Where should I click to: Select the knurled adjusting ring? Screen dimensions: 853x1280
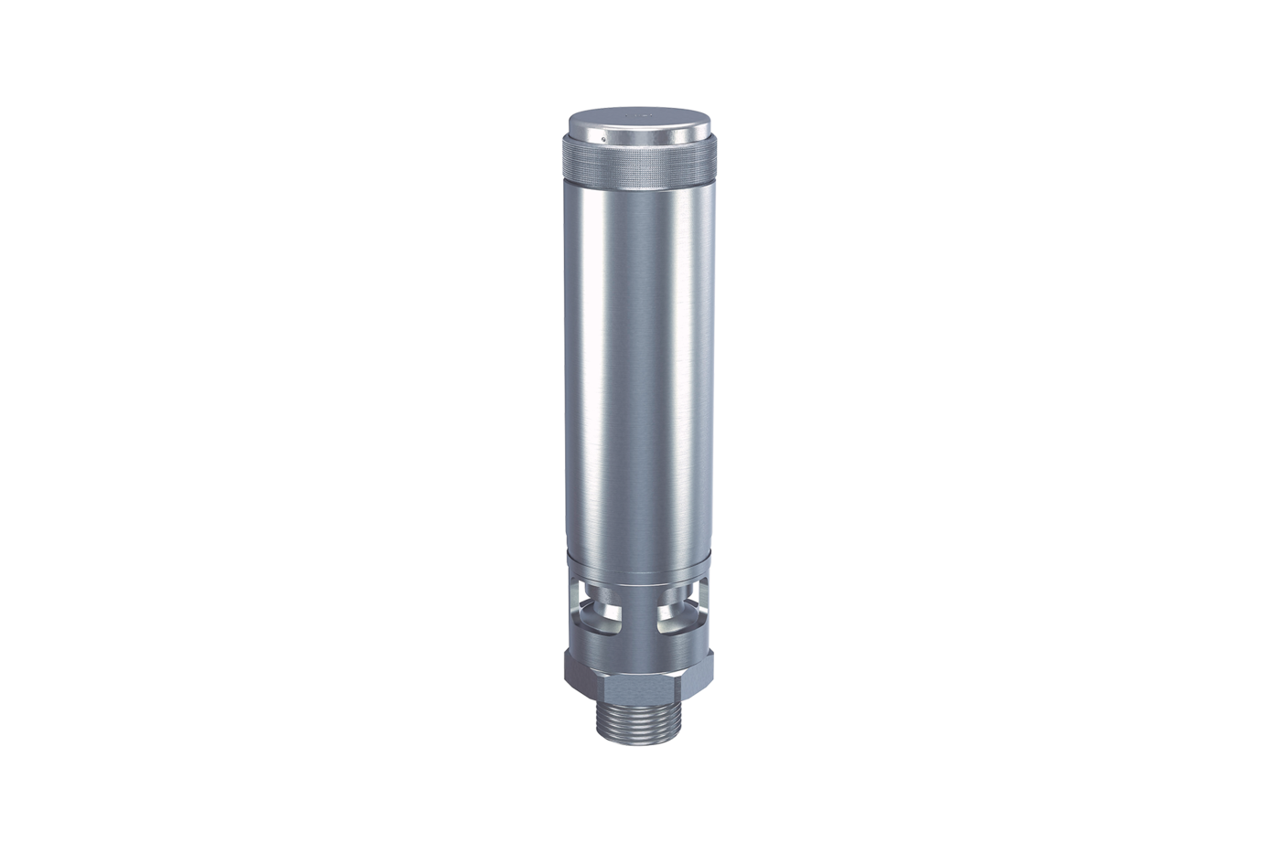coord(640,165)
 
